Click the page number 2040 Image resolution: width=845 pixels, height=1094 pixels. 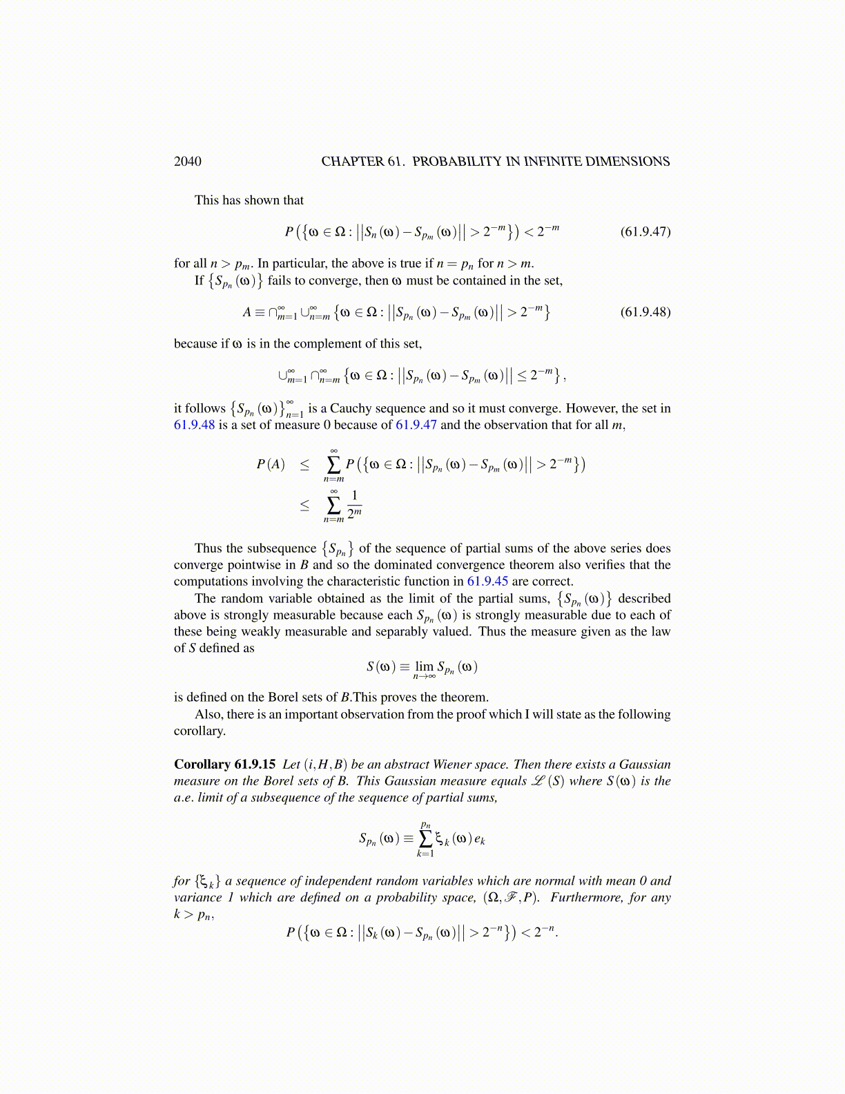pyautogui.click(x=187, y=162)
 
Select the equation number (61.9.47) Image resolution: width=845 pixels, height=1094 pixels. pyautogui.click(x=645, y=231)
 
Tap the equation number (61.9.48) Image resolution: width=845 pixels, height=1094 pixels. pyautogui.click(x=645, y=311)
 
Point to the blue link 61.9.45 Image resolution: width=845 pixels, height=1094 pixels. pyautogui.click(x=487, y=582)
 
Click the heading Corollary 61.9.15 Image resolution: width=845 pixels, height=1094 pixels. pyautogui.click(x=224, y=765)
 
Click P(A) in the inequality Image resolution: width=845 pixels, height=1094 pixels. pyautogui.click(x=270, y=464)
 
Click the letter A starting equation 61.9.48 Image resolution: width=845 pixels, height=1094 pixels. pyautogui.click(x=246, y=312)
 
